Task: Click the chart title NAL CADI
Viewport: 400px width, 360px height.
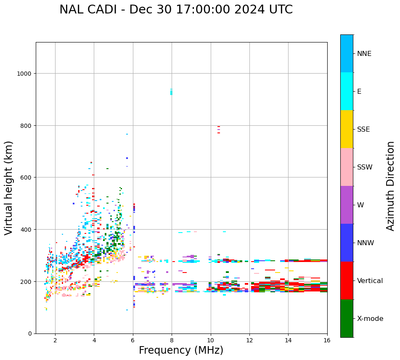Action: pyautogui.click(x=176, y=10)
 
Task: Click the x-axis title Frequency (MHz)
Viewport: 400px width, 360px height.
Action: pyautogui.click(x=181, y=350)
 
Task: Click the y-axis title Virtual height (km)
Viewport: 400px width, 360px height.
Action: pyautogui.click(x=9, y=188)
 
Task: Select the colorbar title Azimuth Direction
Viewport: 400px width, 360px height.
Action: pyautogui.click(x=391, y=186)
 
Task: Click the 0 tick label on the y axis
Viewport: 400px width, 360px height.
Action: pyautogui.click(x=30, y=334)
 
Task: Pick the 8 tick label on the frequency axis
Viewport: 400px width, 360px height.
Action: pyautogui.click(x=172, y=341)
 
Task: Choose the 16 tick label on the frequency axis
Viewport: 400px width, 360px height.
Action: pyautogui.click(x=327, y=341)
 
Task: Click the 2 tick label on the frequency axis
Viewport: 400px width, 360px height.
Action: pyautogui.click(x=55, y=341)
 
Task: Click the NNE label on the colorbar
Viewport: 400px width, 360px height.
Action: pyautogui.click(x=364, y=53)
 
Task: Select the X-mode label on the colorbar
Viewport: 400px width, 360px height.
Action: pyautogui.click(x=370, y=318)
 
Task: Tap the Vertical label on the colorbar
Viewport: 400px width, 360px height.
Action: pyautogui.click(x=370, y=281)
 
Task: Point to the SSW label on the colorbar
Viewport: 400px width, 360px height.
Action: pyautogui.click(x=365, y=167)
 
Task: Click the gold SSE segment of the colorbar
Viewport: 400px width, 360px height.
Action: pyautogui.click(x=347, y=129)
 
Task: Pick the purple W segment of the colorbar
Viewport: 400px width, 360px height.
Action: pyautogui.click(x=347, y=205)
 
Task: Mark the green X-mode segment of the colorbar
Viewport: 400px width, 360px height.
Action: pyautogui.click(x=347, y=318)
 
